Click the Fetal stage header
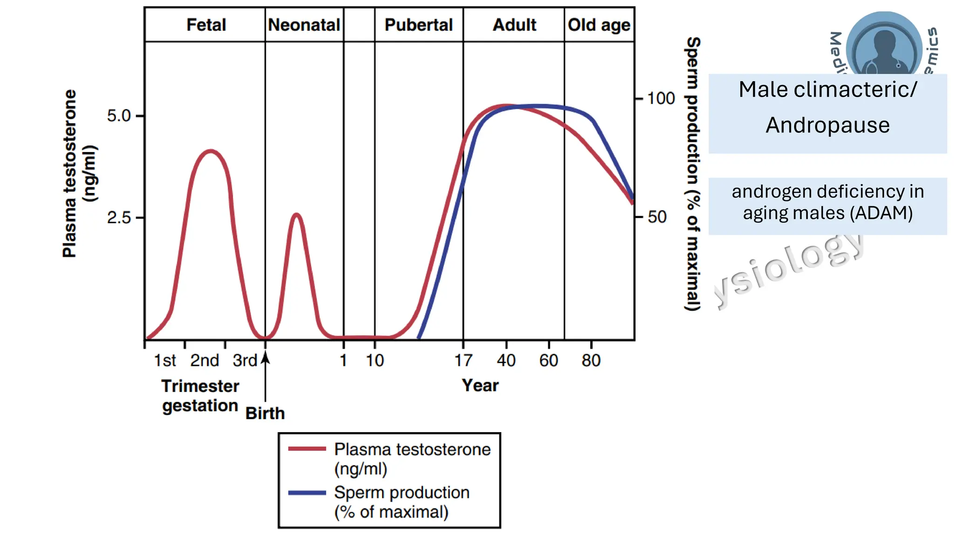pos(206,25)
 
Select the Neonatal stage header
pos(304,25)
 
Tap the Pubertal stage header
pos(418,25)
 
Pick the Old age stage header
pos(599,25)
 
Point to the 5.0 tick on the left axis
pos(119,116)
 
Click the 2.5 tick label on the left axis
pos(119,218)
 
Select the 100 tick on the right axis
pos(661,98)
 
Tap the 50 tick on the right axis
pos(657,217)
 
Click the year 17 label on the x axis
pos(463,360)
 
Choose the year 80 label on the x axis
pos(591,360)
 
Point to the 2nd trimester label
pos(204,360)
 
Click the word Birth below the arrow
pos(265,413)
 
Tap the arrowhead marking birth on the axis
pos(265,358)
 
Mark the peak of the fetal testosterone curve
pos(211,151)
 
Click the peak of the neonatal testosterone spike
pos(296,214)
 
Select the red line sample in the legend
pos(307,449)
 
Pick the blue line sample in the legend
pos(307,493)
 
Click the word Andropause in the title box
pos(827,125)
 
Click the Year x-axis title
pos(480,386)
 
